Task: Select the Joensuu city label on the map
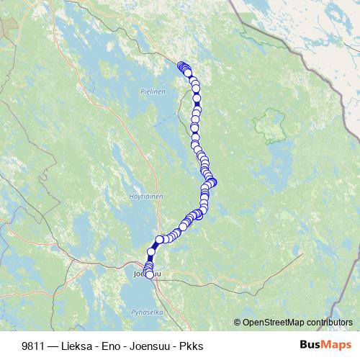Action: pos(141,274)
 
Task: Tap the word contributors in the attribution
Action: pos(329,323)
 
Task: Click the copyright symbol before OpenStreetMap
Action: pos(238,323)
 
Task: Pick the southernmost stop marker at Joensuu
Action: pos(150,274)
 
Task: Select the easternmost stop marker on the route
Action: pos(212,182)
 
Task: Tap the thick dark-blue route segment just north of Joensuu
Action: pos(152,251)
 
